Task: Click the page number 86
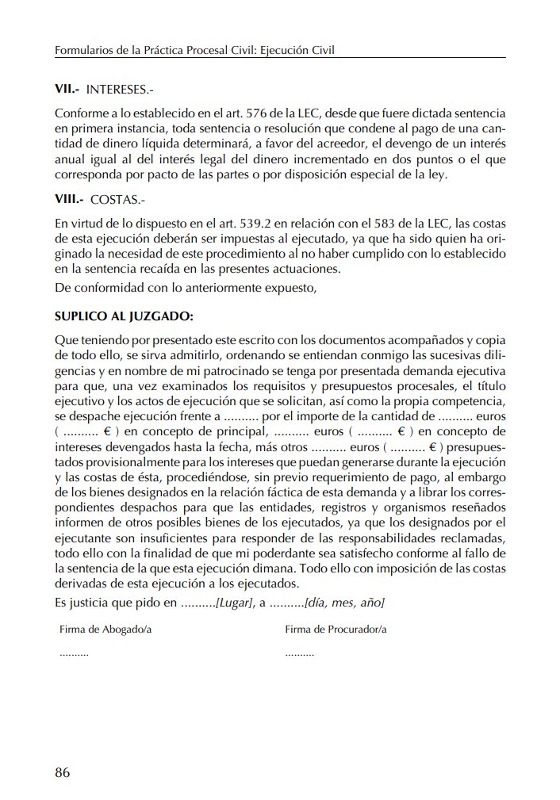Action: (63, 772)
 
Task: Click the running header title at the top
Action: (195, 51)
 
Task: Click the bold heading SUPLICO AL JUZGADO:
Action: (123, 316)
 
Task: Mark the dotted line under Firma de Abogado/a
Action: (74, 655)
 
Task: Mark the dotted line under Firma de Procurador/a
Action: (299, 655)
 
